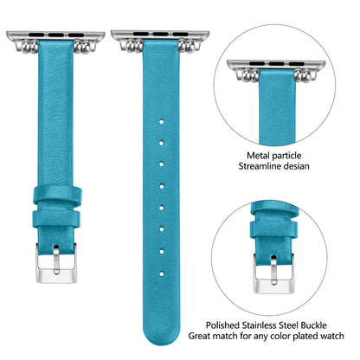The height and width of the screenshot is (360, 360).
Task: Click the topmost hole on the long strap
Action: [x=162, y=122]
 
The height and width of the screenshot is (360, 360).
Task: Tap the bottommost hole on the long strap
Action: [x=162, y=273]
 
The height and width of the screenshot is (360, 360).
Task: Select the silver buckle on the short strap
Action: [x=56, y=263]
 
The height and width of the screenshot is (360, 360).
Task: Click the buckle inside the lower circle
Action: [x=273, y=273]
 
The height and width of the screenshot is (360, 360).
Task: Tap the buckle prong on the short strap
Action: [x=56, y=259]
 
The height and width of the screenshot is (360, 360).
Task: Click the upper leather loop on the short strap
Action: [x=57, y=196]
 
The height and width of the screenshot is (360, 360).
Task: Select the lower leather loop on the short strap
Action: [x=57, y=219]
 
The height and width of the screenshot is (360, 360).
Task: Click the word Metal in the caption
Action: [x=257, y=156]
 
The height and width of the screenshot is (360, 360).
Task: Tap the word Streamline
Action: [x=260, y=166]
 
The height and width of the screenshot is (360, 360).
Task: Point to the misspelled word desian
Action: [x=296, y=166]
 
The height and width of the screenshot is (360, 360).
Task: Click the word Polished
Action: [x=222, y=325]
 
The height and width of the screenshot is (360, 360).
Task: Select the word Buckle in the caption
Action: [x=313, y=325]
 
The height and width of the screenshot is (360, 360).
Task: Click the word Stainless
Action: [x=260, y=325]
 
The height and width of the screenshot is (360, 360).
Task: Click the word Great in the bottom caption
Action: [x=199, y=336]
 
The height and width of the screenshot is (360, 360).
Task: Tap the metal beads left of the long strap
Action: [x=134, y=46]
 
